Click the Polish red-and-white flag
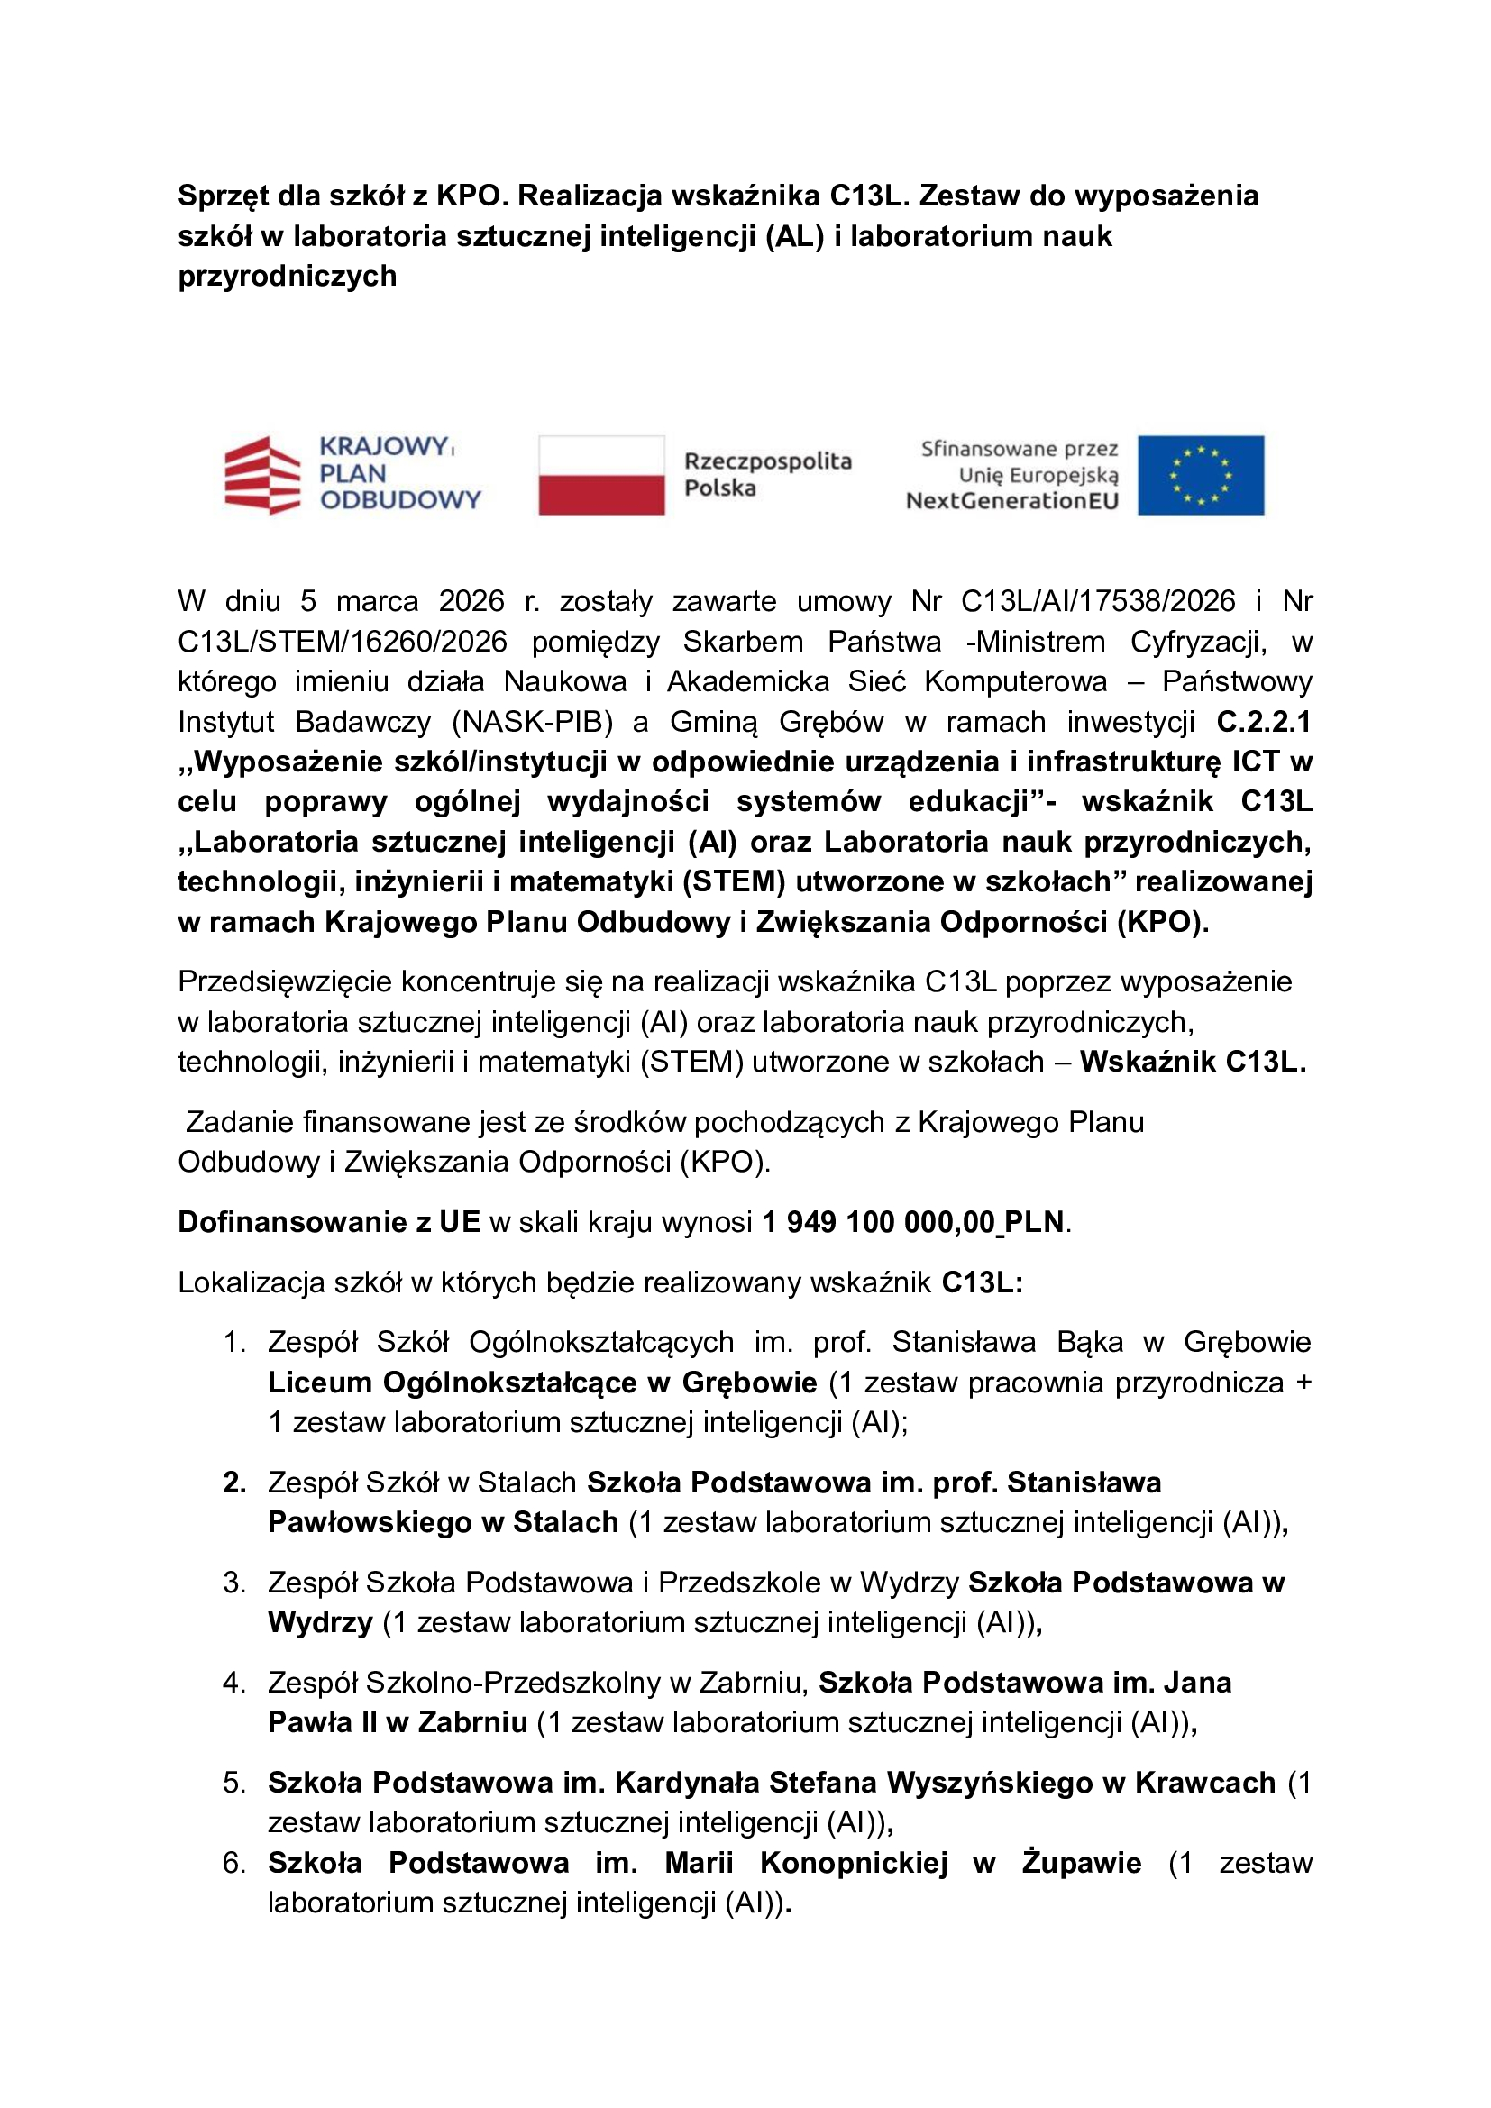(x=601, y=475)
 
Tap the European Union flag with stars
(x=1200, y=475)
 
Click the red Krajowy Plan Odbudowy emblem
(x=262, y=475)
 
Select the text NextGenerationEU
(x=1011, y=501)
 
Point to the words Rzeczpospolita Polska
(x=767, y=474)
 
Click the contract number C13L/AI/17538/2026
(x=1097, y=601)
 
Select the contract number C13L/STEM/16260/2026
(x=343, y=642)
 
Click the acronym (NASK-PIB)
(x=533, y=722)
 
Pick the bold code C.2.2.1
(x=1263, y=722)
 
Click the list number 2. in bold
(x=234, y=1483)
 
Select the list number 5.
(x=234, y=1783)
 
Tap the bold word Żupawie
(x=1082, y=1863)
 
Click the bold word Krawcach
(x=1204, y=1783)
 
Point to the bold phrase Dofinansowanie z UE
(x=329, y=1222)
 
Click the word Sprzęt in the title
(x=224, y=196)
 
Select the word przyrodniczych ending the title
(x=288, y=277)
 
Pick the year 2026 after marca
(x=471, y=601)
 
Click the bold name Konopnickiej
(x=853, y=1863)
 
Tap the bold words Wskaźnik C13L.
(x=1192, y=1063)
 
